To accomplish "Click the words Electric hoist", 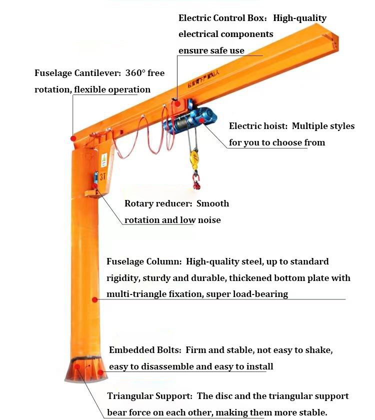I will click(x=257, y=126).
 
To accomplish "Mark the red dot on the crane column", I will click(x=94, y=299).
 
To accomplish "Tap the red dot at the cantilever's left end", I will click(x=73, y=138).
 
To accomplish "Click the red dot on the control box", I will click(x=178, y=103).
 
